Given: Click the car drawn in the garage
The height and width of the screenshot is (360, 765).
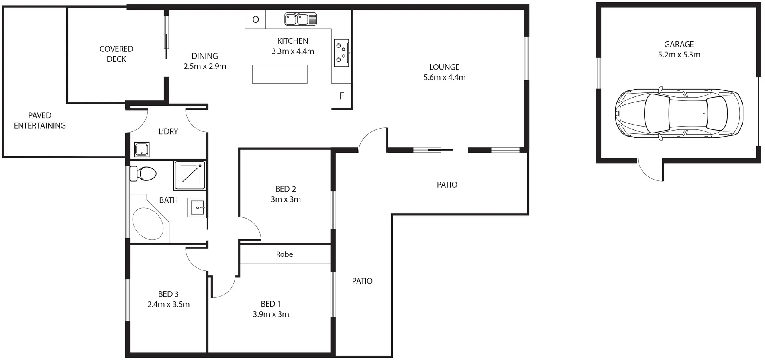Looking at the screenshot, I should [x=679, y=114].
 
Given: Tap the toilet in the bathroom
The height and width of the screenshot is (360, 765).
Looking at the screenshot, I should [x=144, y=174].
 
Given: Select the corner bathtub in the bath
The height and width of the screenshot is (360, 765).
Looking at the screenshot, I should [x=148, y=223].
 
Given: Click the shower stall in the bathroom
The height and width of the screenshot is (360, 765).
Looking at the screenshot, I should [x=190, y=175].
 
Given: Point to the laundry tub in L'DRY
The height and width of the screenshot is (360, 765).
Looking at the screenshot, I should [x=141, y=150].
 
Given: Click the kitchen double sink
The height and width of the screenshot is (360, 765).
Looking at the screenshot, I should [x=300, y=19].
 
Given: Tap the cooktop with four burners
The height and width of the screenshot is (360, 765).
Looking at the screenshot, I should [x=341, y=53].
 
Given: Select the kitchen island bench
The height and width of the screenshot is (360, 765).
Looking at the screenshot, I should [x=280, y=74].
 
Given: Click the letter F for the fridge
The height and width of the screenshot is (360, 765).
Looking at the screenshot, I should [x=341, y=96].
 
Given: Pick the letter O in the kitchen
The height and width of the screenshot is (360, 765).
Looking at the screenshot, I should [x=256, y=20].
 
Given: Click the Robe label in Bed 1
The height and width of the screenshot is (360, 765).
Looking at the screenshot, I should [x=284, y=254].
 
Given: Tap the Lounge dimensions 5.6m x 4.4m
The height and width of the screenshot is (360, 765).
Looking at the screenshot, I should [x=444, y=78].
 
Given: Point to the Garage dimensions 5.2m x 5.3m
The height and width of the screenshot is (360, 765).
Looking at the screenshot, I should [x=679, y=55].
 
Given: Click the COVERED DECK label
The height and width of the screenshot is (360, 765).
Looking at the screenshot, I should [x=116, y=54].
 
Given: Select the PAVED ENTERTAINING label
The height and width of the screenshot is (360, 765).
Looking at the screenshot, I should [x=40, y=120].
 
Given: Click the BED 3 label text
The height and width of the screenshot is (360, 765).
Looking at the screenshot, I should [x=168, y=294].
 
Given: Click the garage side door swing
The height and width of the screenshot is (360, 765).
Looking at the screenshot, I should [x=649, y=170].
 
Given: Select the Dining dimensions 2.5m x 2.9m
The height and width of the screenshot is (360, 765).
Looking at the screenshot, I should [x=205, y=67].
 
